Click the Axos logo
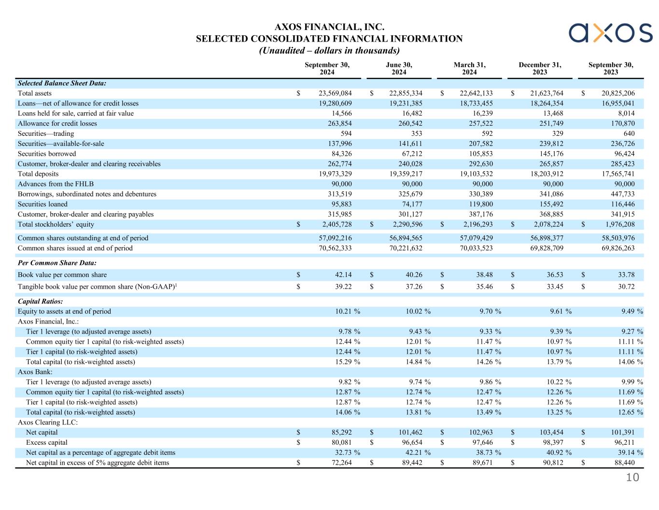click(x=610, y=33)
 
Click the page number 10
click(x=632, y=478)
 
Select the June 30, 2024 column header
click(x=399, y=69)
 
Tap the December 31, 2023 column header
click(x=540, y=69)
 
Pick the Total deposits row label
click(x=38, y=174)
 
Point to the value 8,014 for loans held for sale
click(x=626, y=114)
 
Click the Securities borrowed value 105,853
click(x=478, y=154)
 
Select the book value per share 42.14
click(x=343, y=275)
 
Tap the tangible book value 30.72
click(x=626, y=287)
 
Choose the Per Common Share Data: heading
click(x=57, y=263)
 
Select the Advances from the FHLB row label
click(x=56, y=184)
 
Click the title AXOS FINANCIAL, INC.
click(x=329, y=27)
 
